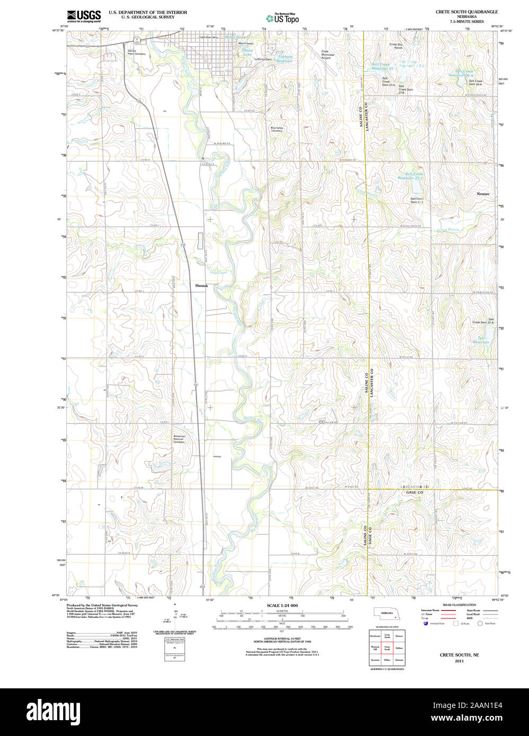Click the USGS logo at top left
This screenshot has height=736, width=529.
coord(83,16)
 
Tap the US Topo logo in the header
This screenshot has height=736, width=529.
coord(282,18)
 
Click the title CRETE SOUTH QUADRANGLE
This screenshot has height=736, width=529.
coord(466,12)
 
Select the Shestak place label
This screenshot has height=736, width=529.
coord(201,286)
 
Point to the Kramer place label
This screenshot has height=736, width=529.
coord(483,194)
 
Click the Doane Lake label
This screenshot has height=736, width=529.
coord(247,52)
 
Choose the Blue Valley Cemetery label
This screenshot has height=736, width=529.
coord(277,129)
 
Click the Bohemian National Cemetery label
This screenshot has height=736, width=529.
coord(179,439)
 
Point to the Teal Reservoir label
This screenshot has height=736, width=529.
coord(481,340)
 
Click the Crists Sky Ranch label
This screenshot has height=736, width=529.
coord(396,46)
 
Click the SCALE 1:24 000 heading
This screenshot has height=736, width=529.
coord(282,605)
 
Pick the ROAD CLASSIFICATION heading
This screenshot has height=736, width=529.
coord(459,605)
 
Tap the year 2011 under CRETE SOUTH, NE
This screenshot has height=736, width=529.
coord(459,661)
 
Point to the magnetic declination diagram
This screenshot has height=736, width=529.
coord(175,620)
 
